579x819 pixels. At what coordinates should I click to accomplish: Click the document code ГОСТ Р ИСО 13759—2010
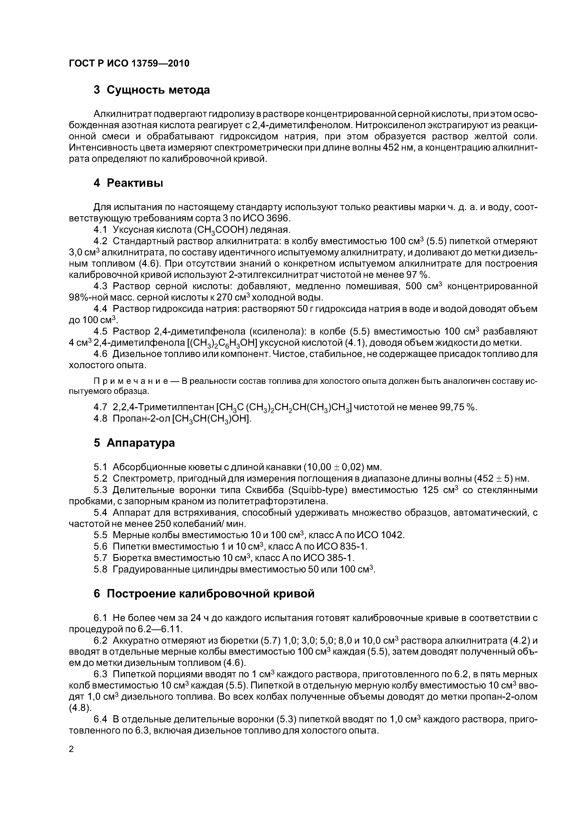[x=129, y=64]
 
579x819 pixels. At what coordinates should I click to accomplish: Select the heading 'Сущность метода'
[x=158, y=90]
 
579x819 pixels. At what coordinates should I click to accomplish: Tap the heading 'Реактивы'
[x=135, y=183]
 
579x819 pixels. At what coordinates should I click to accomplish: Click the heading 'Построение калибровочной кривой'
[x=211, y=593]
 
